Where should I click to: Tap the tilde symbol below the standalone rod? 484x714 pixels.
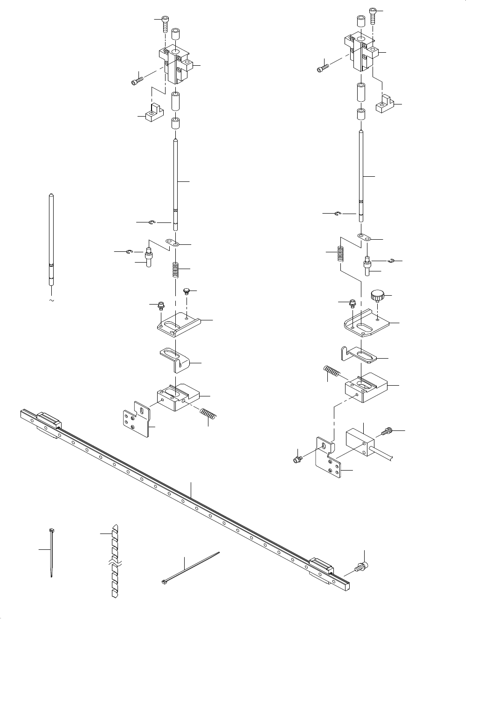pos(51,300)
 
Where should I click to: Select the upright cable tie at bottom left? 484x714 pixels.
pos(50,553)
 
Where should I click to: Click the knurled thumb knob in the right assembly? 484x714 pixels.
pos(377,295)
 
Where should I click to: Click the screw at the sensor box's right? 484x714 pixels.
pos(388,432)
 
